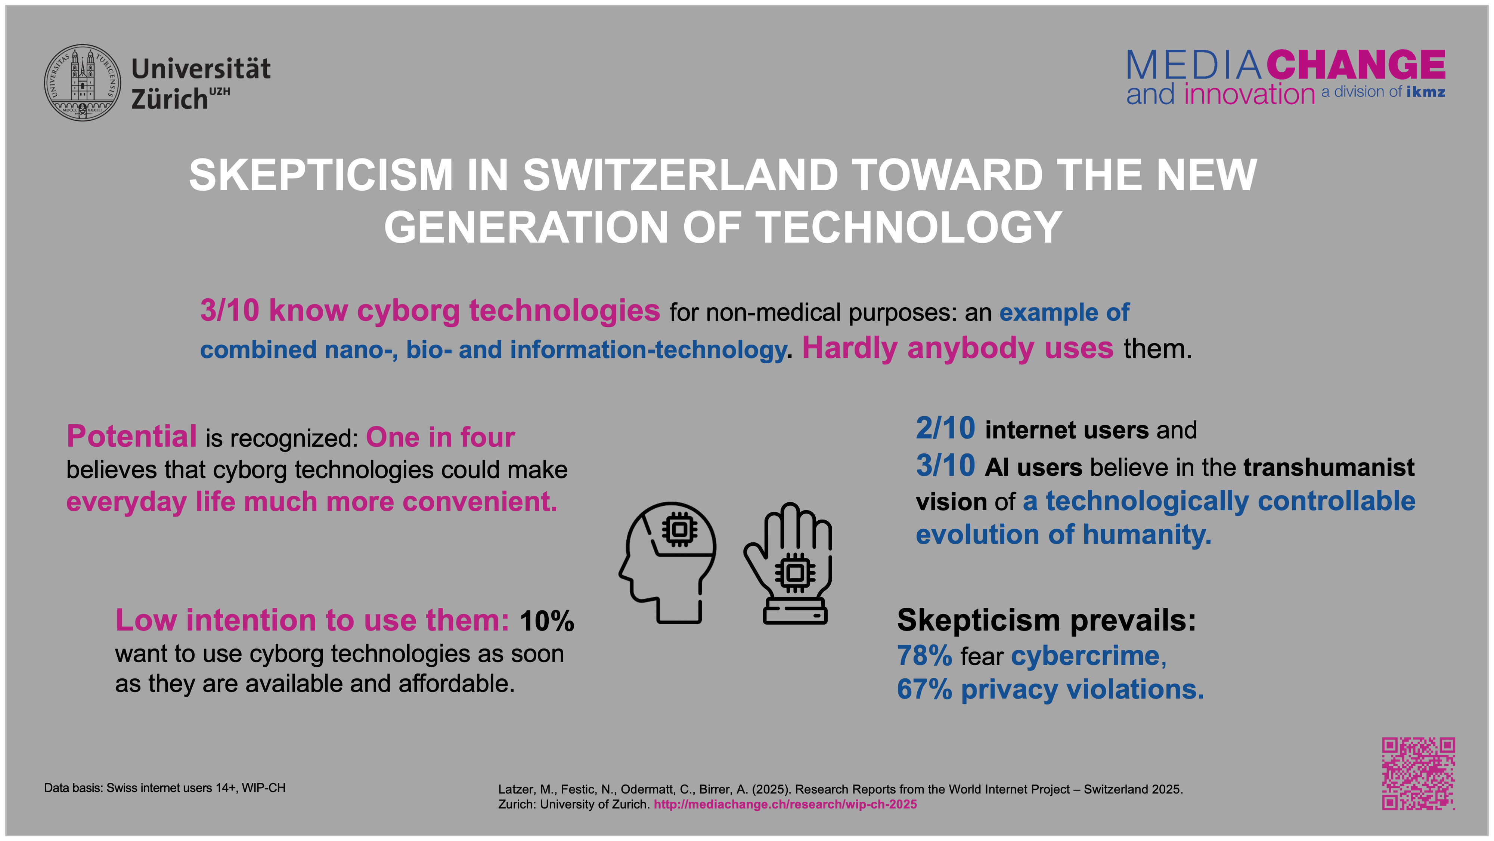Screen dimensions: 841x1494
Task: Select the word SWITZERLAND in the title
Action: [680, 175]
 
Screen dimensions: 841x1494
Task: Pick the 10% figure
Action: [546, 621]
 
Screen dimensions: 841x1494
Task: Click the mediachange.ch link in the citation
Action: [785, 804]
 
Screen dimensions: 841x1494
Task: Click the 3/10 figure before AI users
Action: [945, 465]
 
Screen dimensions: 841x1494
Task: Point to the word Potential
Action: [131, 437]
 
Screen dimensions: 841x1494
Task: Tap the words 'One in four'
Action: [440, 437]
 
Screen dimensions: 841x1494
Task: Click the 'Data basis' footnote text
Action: [165, 788]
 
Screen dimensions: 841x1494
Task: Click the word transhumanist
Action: [1329, 467]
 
